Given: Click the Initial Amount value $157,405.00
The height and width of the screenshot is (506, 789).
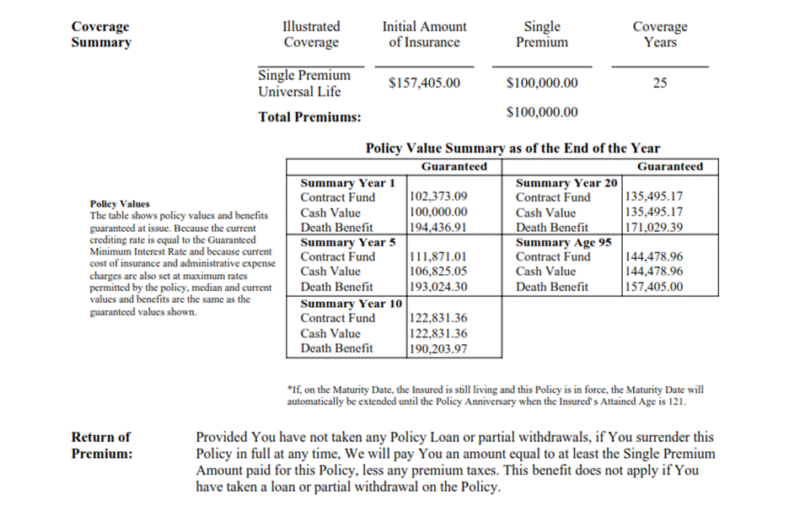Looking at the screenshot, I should pos(424,83).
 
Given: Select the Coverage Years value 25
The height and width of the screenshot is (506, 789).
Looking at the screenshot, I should pos(660,83).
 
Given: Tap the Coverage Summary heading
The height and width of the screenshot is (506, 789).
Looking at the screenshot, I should pos(101,35).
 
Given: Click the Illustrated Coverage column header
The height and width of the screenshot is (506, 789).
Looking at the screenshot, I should pos(311,35).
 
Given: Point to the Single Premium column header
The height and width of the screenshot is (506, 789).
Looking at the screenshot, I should pos(542,35).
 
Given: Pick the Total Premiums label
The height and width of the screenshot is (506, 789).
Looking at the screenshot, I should pos(309,117).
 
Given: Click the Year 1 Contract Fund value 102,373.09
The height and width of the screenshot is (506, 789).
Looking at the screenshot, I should pos(437,198).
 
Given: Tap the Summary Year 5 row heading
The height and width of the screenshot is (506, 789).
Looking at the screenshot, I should pos(348,242).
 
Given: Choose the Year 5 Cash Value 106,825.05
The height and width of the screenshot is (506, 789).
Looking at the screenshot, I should pos(437,272).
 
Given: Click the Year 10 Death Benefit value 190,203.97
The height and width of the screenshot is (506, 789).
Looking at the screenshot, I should pos(437,348).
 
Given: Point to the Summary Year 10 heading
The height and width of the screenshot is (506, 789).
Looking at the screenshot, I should pos(352,304).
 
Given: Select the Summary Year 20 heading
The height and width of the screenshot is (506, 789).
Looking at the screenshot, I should pos(566,183).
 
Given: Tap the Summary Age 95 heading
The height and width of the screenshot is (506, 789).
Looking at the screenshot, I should pos(563,242).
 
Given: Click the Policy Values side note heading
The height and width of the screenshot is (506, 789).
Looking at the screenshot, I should pos(120,204).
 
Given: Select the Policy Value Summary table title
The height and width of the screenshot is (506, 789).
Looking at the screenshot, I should pos(513,148).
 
